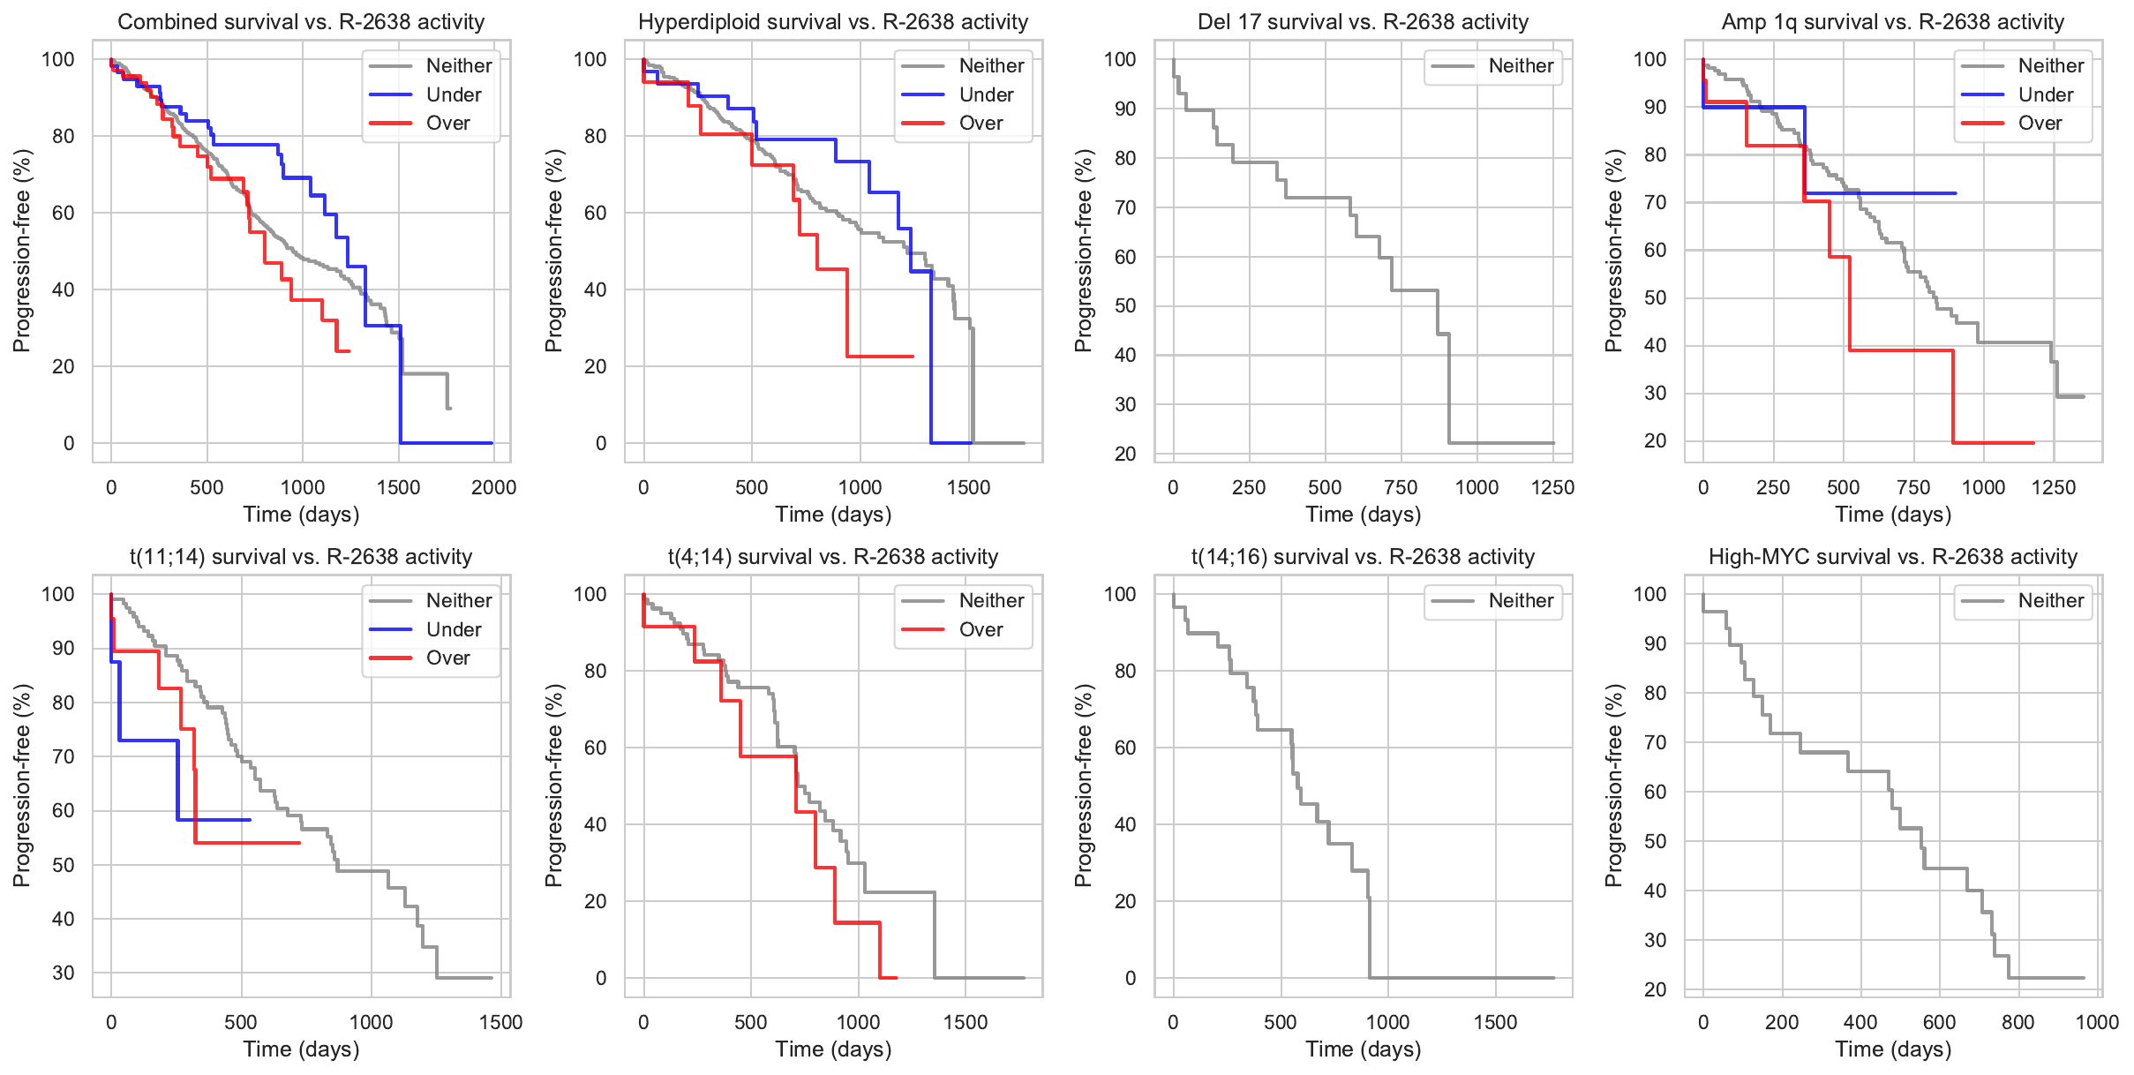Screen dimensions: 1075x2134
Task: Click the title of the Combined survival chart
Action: click(x=301, y=22)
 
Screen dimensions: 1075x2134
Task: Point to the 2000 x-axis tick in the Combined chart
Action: click(x=493, y=487)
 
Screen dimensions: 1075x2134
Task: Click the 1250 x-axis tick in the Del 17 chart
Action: click(x=1552, y=487)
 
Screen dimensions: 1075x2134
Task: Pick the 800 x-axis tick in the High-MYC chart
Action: click(x=2018, y=1022)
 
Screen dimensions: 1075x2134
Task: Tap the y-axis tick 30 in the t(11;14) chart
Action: click(x=64, y=973)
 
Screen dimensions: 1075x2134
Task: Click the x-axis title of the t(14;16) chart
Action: click(x=1363, y=1049)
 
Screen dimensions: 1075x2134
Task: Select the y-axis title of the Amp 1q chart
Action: click(x=1614, y=251)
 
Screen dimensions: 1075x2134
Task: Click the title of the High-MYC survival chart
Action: click(x=1892, y=557)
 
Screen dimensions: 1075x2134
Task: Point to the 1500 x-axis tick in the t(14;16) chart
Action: click(x=1495, y=1022)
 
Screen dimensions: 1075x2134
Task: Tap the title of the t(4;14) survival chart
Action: click(x=832, y=557)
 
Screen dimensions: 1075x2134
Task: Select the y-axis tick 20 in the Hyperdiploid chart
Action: click(x=596, y=366)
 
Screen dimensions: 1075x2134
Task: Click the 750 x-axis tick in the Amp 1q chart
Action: click(x=1913, y=487)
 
